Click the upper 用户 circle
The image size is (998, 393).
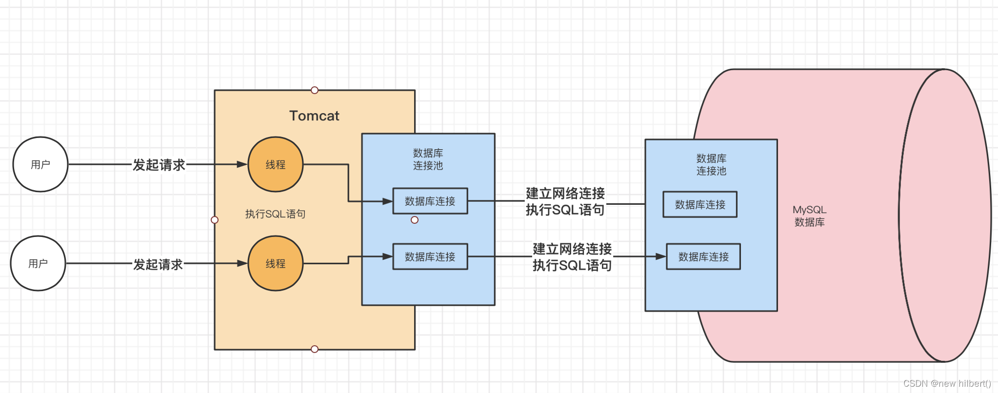[40, 164]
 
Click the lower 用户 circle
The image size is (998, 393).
[38, 263]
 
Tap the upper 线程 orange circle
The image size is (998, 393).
[276, 164]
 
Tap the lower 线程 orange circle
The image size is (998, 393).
[276, 263]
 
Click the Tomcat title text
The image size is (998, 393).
[314, 116]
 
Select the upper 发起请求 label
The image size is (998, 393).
[159, 165]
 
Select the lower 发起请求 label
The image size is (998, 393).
[158, 264]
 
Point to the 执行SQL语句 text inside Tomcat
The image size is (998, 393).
[275, 214]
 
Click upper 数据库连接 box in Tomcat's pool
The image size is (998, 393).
[430, 201]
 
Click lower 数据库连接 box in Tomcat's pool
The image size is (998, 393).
[430, 256]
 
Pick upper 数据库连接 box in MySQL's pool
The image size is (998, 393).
[700, 204]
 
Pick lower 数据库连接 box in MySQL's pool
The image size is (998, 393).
[703, 256]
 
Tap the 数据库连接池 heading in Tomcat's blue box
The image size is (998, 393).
[428, 159]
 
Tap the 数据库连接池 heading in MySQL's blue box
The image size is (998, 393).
[711, 164]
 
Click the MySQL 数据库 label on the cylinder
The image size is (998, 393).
[809, 216]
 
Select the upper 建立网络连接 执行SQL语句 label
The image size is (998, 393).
[565, 201]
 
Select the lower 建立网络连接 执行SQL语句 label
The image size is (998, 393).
[572, 257]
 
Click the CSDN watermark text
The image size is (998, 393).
[947, 383]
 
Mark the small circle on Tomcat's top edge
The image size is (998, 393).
[315, 90]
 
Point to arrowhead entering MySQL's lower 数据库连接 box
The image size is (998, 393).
[661, 256]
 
